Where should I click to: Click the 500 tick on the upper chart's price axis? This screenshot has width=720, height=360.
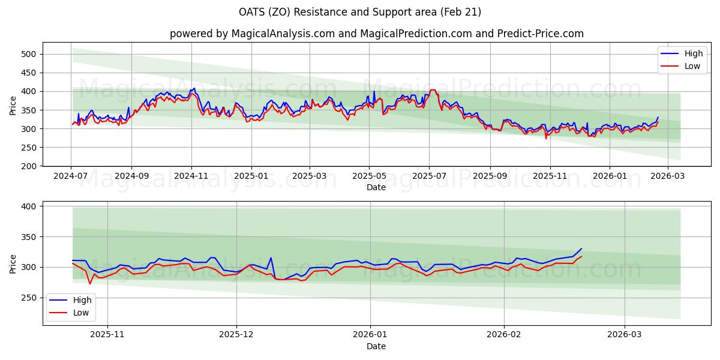[x=29, y=54]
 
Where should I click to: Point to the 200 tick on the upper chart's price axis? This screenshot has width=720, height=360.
[x=29, y=166]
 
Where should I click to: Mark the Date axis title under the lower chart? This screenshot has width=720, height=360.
[x=376, y=347]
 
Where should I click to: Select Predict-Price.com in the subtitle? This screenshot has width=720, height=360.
[x=540, y=34]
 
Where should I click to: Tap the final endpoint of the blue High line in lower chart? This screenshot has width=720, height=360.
[x=581, y=248]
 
